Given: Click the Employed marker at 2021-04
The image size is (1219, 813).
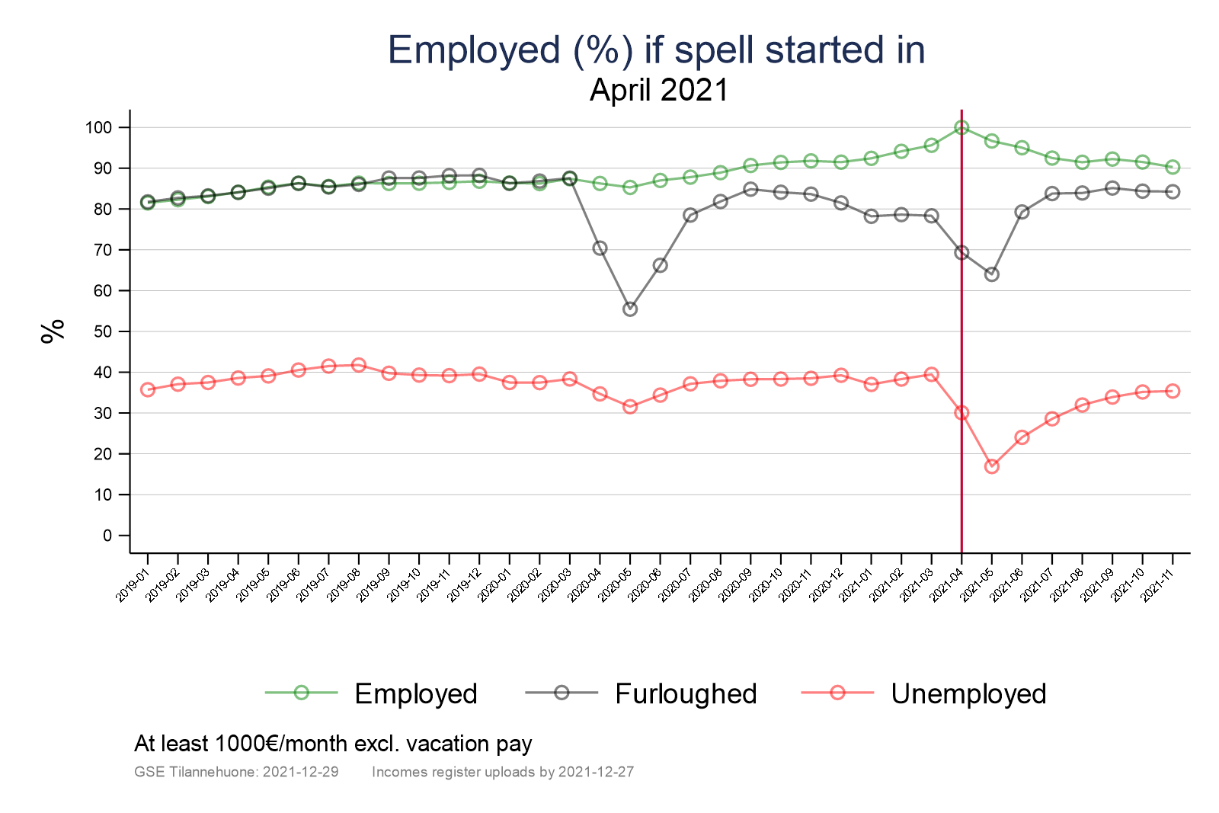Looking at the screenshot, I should point(961,127).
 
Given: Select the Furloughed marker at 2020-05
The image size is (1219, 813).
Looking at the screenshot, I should point(630,309).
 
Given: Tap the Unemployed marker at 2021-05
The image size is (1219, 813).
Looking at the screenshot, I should point(991,466).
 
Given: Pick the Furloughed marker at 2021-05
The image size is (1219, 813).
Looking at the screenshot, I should point(991,274).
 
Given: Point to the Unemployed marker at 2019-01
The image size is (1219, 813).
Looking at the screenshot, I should point(148,389).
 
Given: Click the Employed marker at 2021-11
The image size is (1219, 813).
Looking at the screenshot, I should point(1173,167).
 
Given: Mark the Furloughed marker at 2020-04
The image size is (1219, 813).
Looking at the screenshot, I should point(600,248).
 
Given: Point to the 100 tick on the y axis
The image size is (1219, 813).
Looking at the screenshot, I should point(98,127).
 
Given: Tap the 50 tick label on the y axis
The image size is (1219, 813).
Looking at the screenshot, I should point(103,331).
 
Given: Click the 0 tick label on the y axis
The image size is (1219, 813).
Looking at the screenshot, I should point(107,536).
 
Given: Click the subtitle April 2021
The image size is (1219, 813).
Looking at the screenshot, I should point(659,90).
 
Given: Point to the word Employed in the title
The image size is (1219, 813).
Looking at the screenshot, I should point(474,50).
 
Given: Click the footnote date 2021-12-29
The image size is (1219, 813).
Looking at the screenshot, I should point(300,772).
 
